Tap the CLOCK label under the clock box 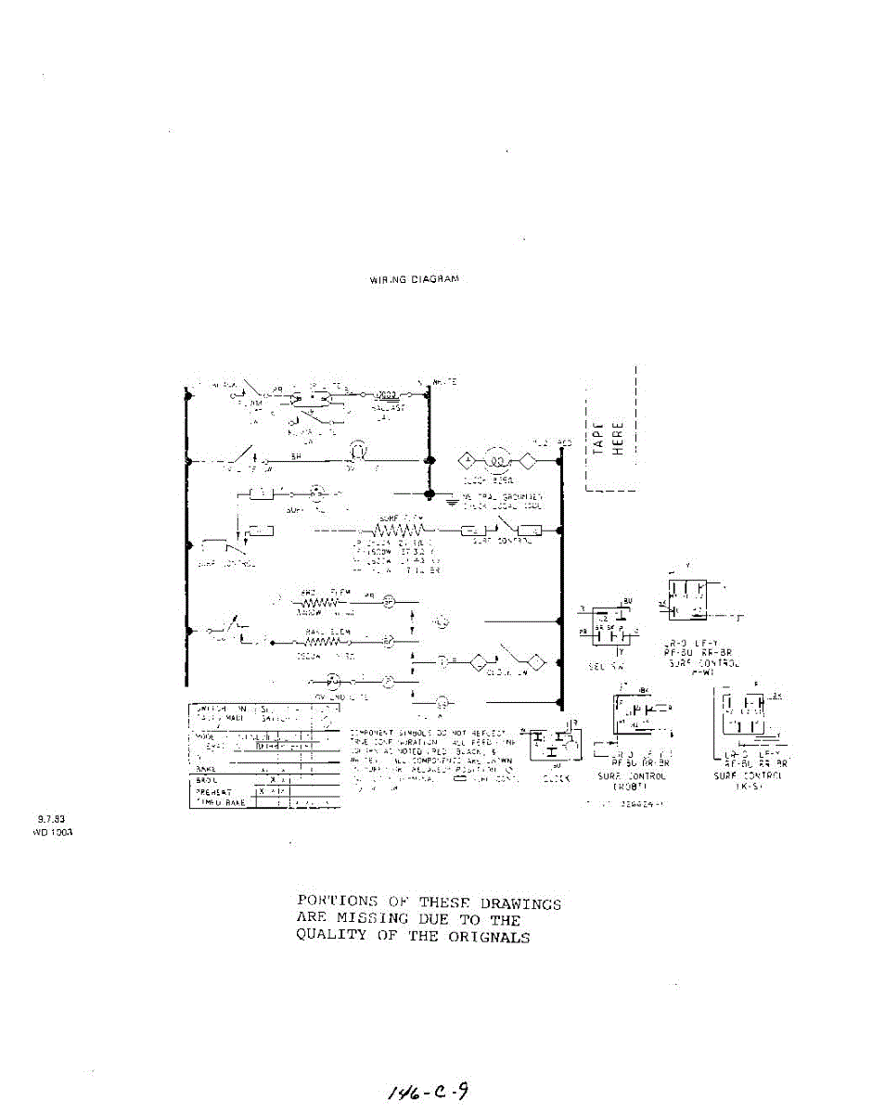(557, 778)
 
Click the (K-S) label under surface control (748, 786)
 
